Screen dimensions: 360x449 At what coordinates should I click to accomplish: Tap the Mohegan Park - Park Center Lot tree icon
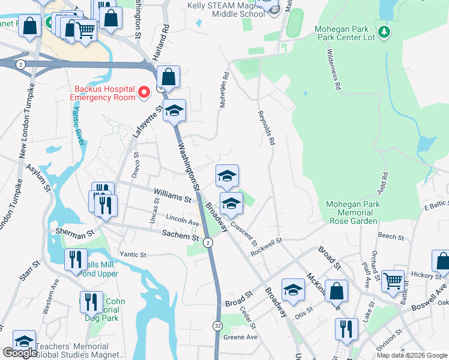point(384,31)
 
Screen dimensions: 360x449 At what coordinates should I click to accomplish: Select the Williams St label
point(172,194)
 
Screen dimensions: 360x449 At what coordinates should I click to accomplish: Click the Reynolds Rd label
point(266,128)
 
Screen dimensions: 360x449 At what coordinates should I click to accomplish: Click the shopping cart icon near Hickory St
point(393,279)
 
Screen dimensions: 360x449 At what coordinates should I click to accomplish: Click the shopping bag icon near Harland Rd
point(169,77)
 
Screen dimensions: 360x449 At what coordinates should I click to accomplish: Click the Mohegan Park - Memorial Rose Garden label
point(353,212)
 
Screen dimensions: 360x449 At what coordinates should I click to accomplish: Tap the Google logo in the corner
point(20,353)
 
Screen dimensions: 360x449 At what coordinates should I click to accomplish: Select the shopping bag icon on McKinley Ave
point(336,290)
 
